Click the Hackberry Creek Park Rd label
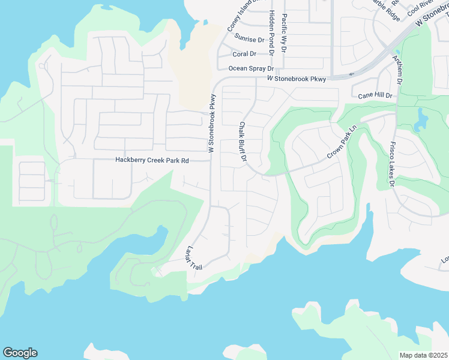pyautogui.click(x=152, y=161)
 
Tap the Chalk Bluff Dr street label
pyautogui.click(x=243, y=142)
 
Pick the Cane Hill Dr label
pyautogui.click(x=375, y=95)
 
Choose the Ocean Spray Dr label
pyautogui.click(x=251, y=68)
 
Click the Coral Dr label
pyautogui.click(x=244, y=54)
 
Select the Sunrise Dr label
pyautogui.click(x=249, y=40)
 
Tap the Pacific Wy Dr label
pyautogui.click(x=284, y=34)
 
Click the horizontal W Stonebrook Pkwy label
pyautogui.click(x=297, y=79)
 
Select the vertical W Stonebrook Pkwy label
pyautogui.click(x=211, y=124)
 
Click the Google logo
pyautogui.click(x=20, y=353)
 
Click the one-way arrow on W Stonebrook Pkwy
pyautogui.click(x=351, y=74)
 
